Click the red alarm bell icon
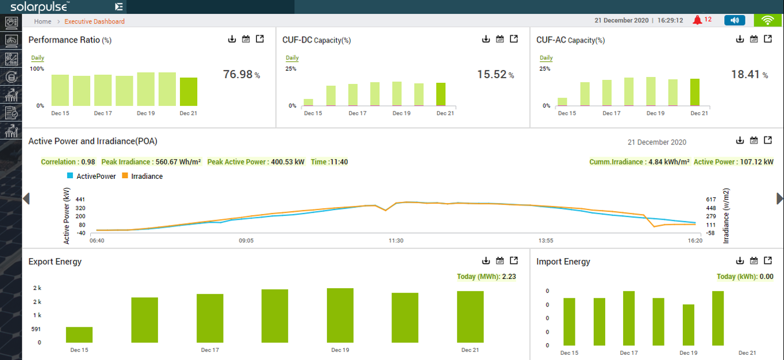(698, 20)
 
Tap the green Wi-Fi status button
(767, 20)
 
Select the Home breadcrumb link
(43, 21)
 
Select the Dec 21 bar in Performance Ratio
(189, 91)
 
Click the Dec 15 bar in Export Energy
(79, 335)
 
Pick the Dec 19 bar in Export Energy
(340, 315)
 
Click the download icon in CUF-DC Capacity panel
(486, 39)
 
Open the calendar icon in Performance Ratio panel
(246, 39)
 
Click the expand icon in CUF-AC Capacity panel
(768, 39)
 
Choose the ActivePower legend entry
(91, 177)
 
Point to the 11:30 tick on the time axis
(395, 240)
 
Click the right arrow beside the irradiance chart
(779, 198)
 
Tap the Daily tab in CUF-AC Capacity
(546, 58)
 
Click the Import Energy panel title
(563, 262)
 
